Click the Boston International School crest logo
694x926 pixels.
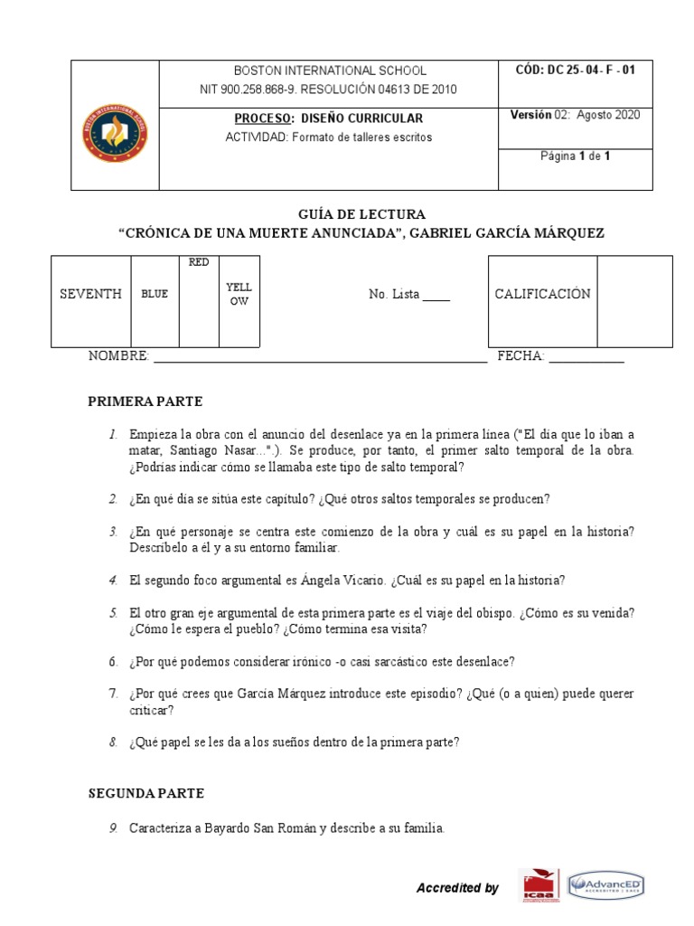pos(116,133)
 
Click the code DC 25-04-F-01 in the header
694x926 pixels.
pos(575,70)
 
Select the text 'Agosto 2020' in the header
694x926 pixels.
pos(608,115)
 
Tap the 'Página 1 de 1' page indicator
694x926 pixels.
pos(576,156)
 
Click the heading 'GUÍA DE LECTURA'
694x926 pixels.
pos(361,214)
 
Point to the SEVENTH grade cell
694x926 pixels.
pos(90,294)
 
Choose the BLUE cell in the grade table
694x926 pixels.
pos(155,294)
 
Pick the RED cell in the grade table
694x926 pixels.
pos(199,262)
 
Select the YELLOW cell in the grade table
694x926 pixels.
pos(239,294)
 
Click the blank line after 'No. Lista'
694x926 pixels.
pos(436,297)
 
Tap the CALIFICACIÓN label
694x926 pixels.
pos(542,294)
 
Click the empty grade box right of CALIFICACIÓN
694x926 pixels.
pos(634,301)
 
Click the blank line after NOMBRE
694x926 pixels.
pos(320,359)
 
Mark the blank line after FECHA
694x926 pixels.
pos(586,359)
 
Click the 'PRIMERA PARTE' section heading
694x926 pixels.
pos(145,402)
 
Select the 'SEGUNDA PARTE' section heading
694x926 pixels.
pos(146,793)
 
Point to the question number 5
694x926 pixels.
pos(114,613)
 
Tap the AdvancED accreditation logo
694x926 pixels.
pos(605,886)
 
